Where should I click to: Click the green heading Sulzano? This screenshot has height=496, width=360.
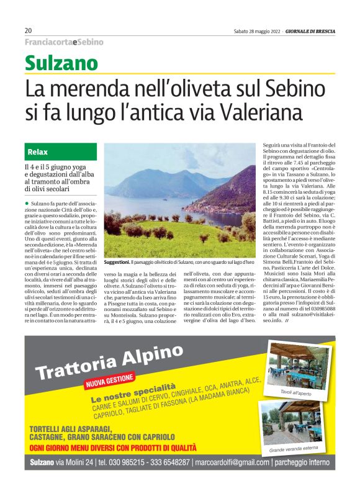tap(61, 63)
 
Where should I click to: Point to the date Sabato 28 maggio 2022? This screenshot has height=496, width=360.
tap(256, 30)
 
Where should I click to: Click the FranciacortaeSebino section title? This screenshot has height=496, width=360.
tap(64, 42)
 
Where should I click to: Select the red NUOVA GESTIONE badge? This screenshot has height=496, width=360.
tap(109, 380)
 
